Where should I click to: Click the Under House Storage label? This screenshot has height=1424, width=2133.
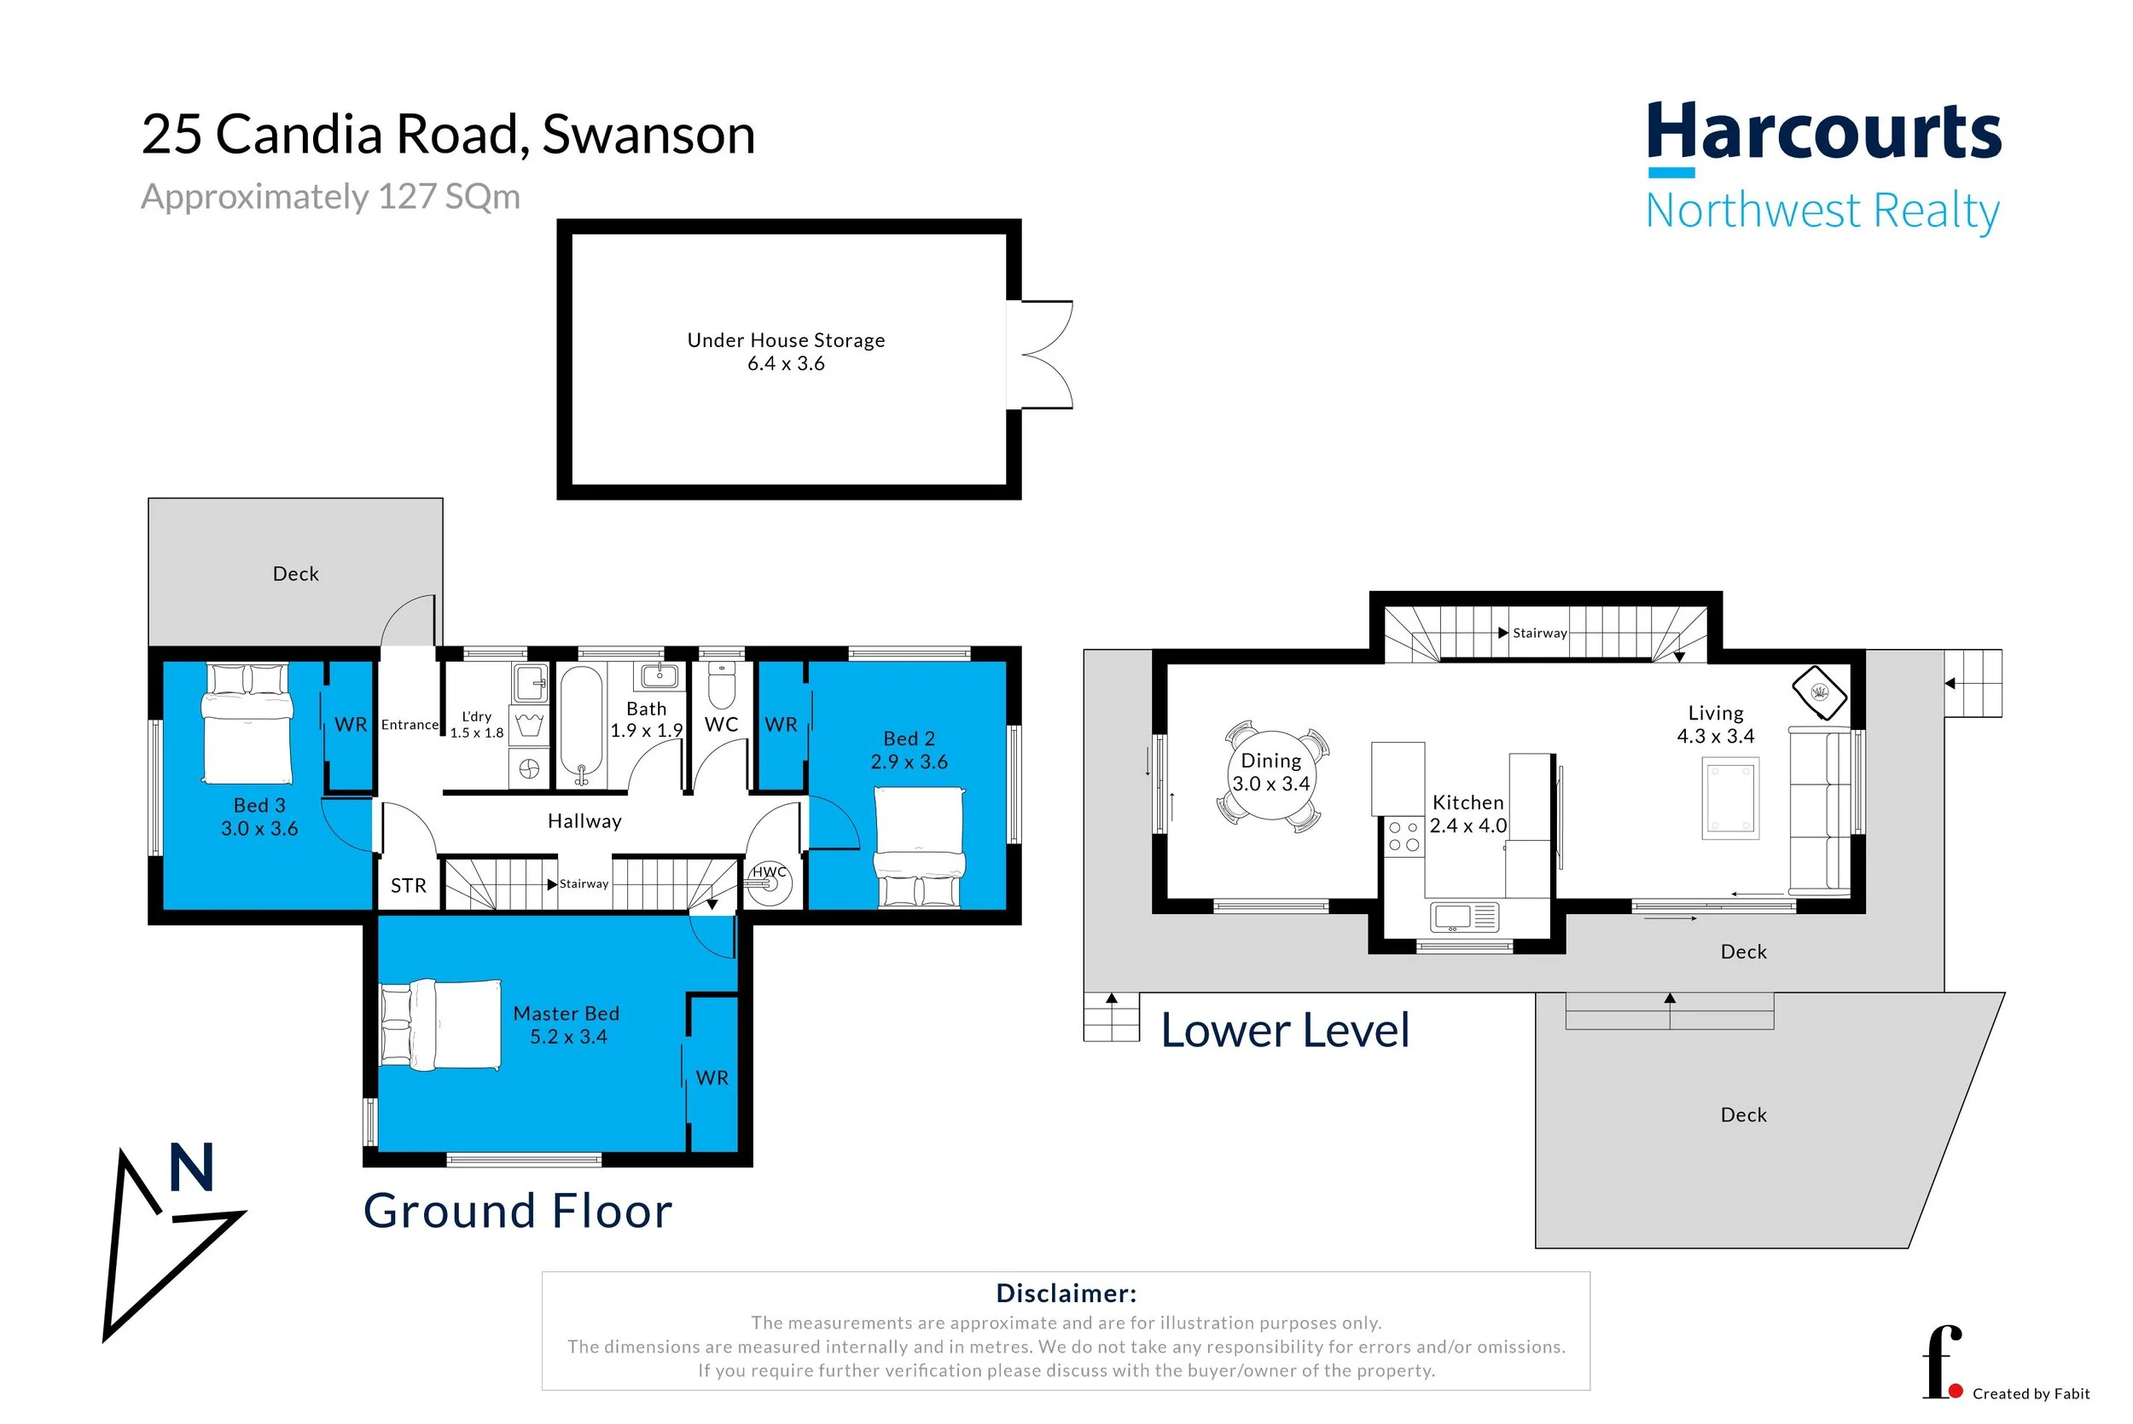pos(786,340)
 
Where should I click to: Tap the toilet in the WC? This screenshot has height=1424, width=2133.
pos(720,685)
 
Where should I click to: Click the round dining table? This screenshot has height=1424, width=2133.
pos(1272,774)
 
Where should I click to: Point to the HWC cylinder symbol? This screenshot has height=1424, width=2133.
pos(770,883)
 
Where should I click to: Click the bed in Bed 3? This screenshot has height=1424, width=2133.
pos(248,724)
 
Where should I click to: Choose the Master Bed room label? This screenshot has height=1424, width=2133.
pos(566,1014)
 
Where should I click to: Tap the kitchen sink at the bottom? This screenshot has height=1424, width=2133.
pos(1463,917)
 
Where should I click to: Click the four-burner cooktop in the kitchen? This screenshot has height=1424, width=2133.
pos(1403,836)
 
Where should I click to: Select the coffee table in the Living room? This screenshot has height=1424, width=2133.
pos(1729,798)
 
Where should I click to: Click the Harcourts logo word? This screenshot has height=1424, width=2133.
pos(1824,132)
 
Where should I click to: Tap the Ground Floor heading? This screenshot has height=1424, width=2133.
pos(518,1211)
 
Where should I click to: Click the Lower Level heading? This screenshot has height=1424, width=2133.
pos(1286,1031)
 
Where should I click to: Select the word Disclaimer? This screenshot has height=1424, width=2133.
pos(1066,1294)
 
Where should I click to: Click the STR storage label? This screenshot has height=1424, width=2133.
pos(408,885)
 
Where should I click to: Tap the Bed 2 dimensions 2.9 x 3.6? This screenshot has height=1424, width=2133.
pos(909,762)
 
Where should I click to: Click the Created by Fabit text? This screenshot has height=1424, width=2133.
pos(2031,1394)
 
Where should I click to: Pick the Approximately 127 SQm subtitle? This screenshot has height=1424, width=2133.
pos(331,197)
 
